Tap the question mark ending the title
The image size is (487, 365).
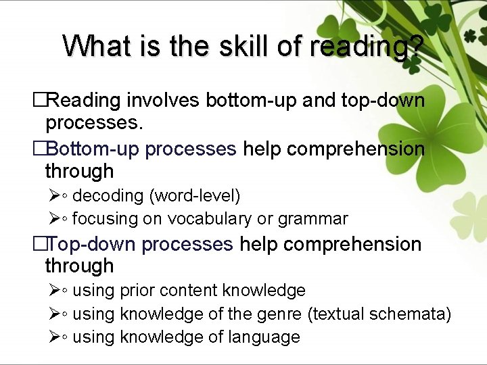tap(416, 46)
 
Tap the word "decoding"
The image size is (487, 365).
tap(108, 196)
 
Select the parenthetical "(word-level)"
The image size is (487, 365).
tap(195, 196)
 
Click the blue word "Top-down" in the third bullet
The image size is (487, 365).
tap(91, 244)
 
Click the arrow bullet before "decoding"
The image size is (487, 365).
tap(55, 196)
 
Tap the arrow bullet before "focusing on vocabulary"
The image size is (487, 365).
tap(55, 219)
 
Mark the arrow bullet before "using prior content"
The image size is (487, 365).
tap(55, 291)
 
